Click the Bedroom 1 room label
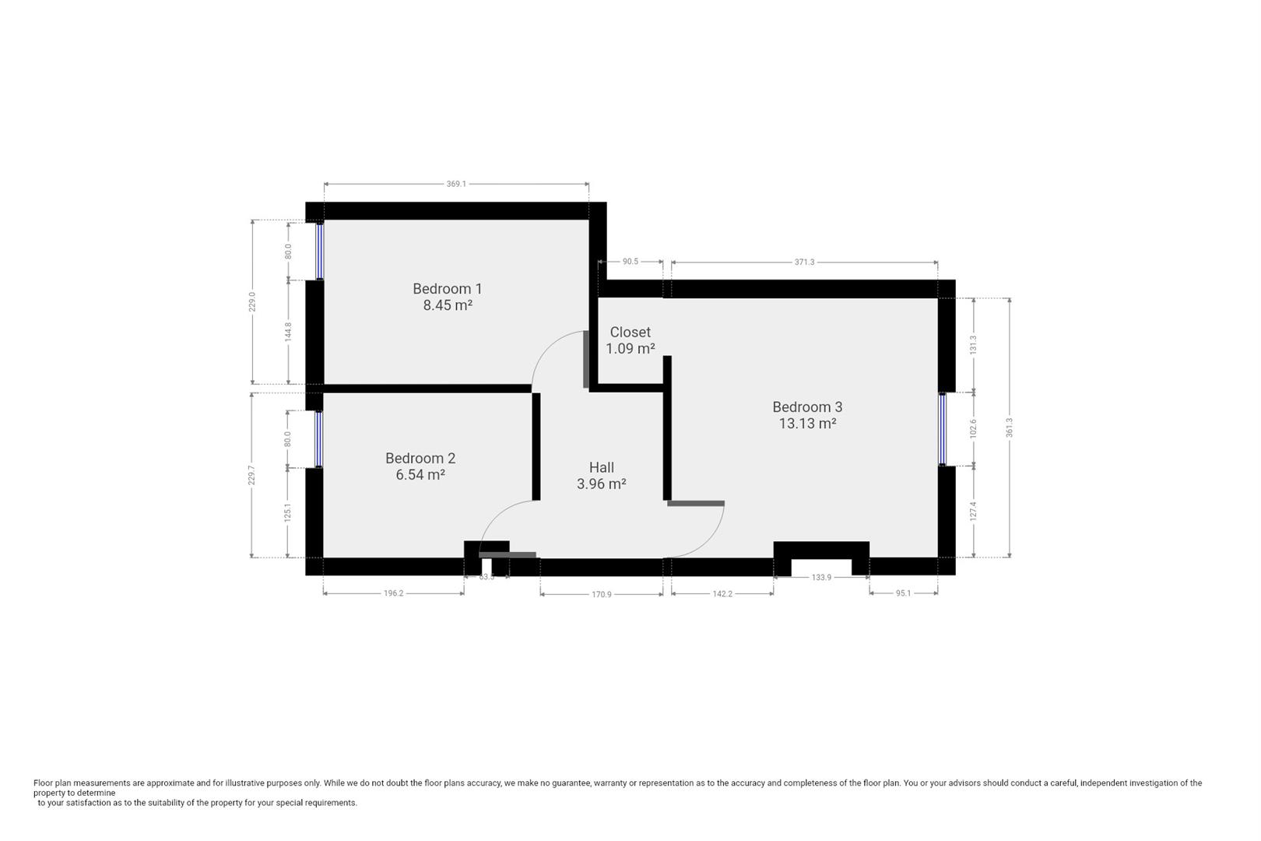point(447,289)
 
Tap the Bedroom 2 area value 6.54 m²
point(420,475)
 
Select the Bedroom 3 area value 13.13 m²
point(807,424)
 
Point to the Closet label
point(630,333)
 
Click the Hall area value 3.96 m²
point(601,484)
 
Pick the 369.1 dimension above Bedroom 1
point(456,185)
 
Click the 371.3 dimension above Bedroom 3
point(804,262)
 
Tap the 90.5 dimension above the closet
point(630,262)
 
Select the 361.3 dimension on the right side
point(1010,427)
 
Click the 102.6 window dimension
point(973,428)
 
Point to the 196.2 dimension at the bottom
point(394,594)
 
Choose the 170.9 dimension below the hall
point(602,594)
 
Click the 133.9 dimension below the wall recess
point(821,578)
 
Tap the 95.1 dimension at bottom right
point(903,593)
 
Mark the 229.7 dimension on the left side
point(251,475)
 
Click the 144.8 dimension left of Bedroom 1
point(288,332)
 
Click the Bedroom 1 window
point(319,251)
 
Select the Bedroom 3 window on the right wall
point(942,429)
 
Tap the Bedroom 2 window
point(318,438)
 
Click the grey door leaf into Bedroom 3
point(696,504)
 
